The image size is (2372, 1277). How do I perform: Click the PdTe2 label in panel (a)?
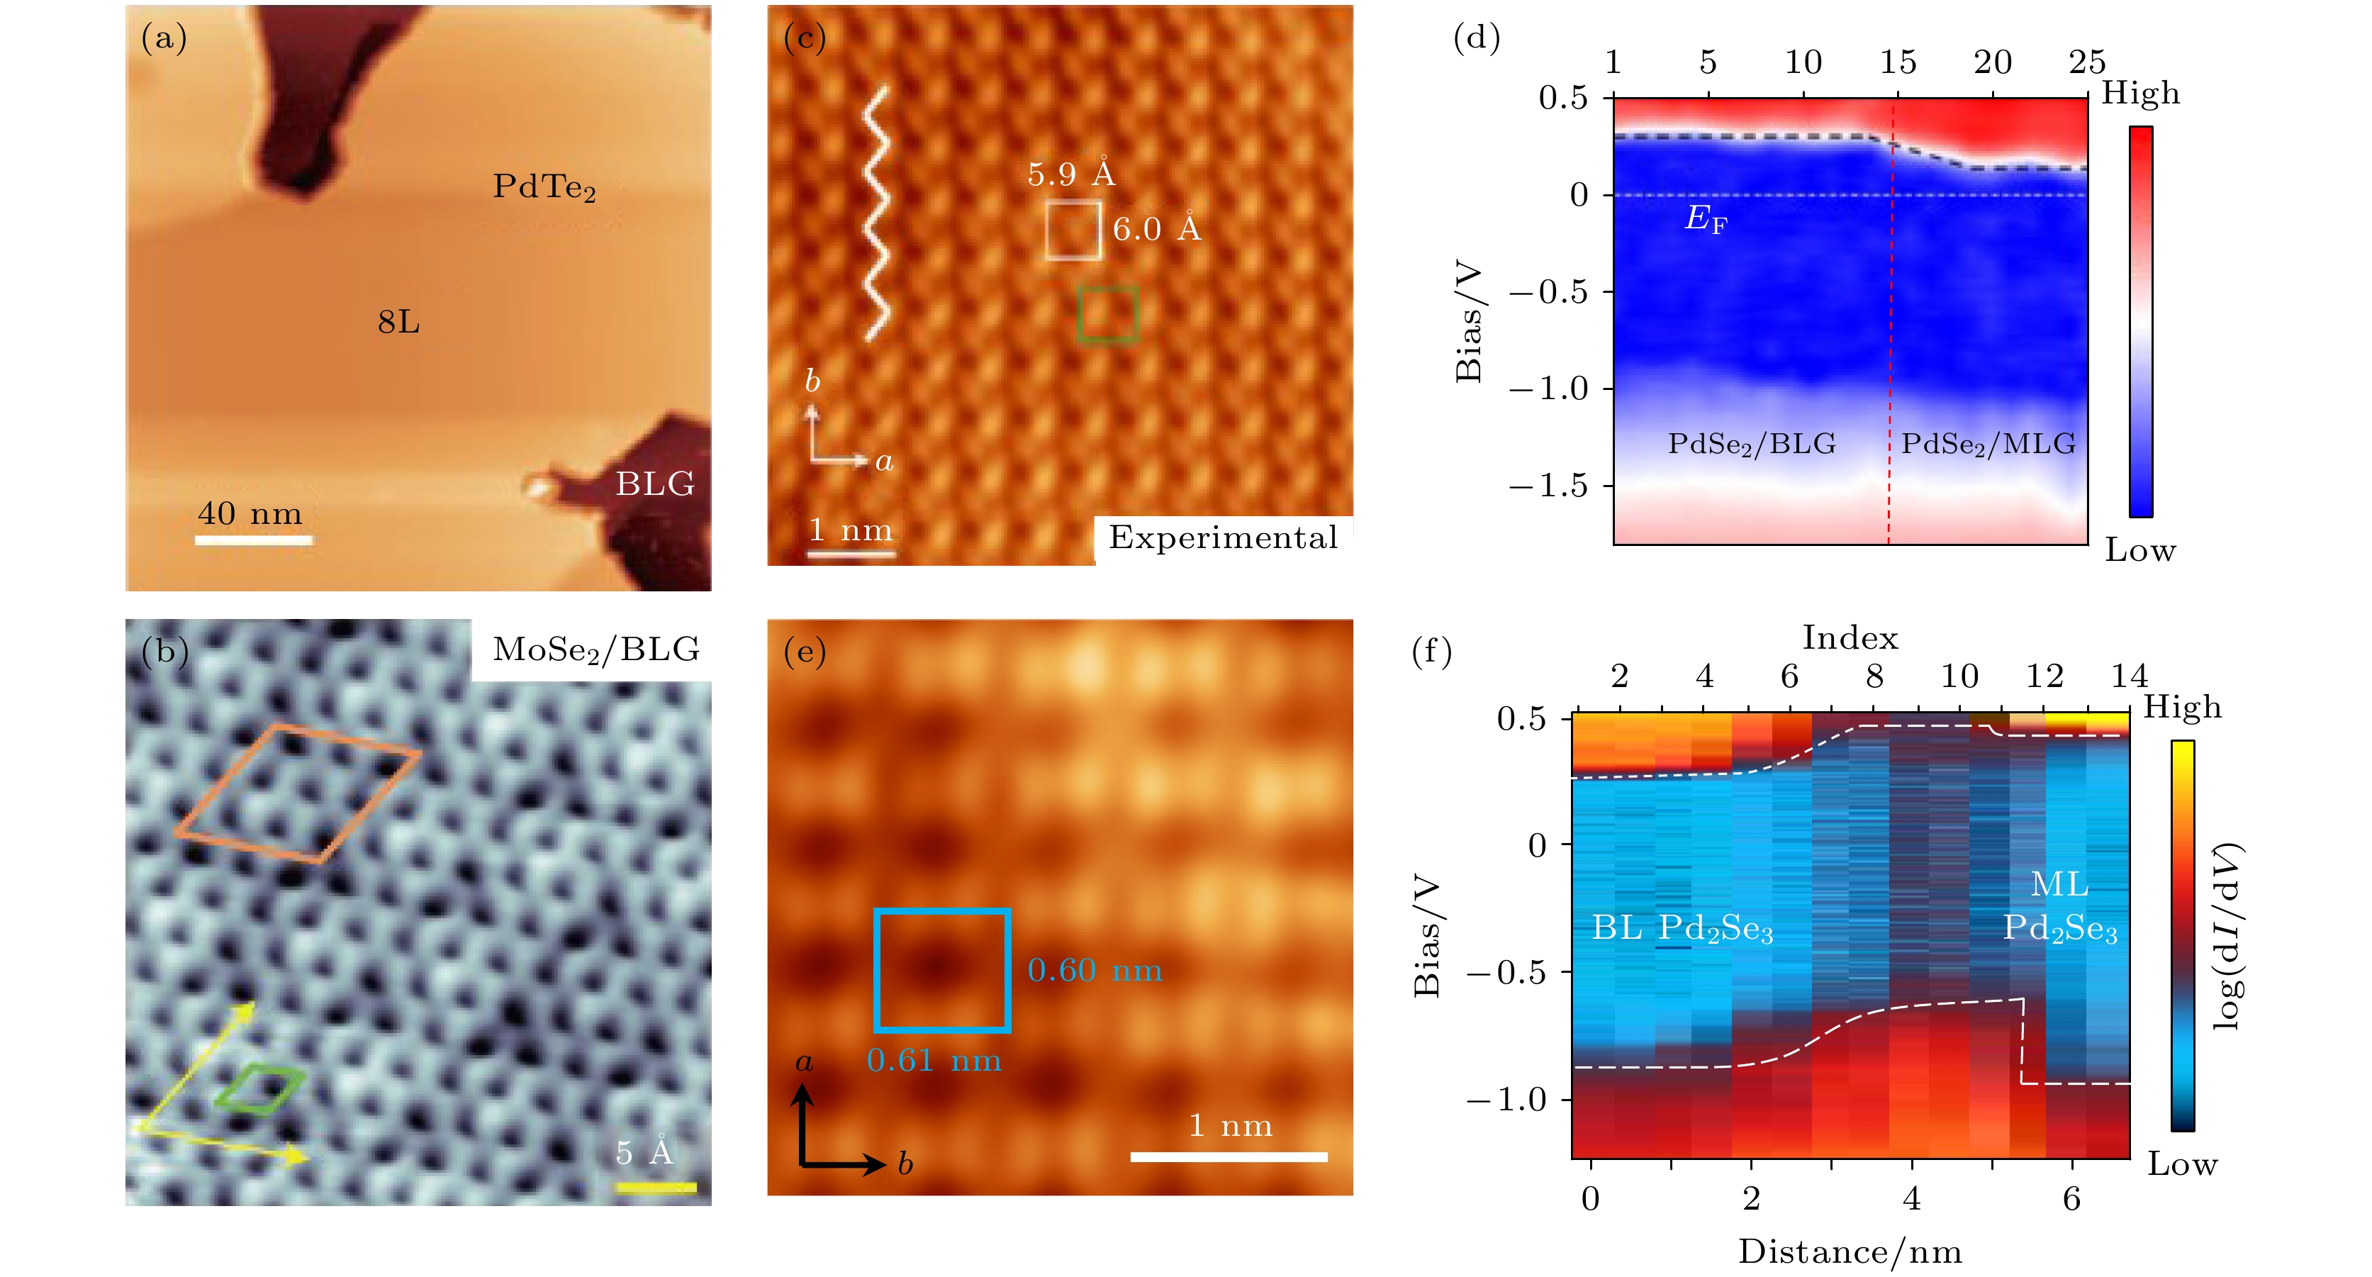point(543,187)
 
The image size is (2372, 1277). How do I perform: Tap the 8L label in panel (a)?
point(398,322)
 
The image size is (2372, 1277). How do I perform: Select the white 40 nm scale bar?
point(253,540)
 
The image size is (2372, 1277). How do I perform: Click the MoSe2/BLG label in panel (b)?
point(595,650)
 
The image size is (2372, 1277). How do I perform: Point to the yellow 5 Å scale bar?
point(656,1188)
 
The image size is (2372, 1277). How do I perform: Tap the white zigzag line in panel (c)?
point(875,213)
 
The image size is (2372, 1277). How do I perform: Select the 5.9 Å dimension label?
point(1071,174)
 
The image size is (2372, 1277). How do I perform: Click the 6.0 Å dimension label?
point(1156,228)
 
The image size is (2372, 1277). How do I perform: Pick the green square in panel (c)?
point(1109,315)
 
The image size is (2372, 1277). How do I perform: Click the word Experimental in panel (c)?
point(1223,537)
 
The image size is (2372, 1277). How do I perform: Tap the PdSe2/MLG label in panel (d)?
point(1988,444)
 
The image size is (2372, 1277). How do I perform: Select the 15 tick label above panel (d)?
point(1897,62)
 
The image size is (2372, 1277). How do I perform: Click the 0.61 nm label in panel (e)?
point(934,1061)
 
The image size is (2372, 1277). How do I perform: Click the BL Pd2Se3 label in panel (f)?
point(1682,928)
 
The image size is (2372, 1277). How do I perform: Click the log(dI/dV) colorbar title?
point(2227,935)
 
